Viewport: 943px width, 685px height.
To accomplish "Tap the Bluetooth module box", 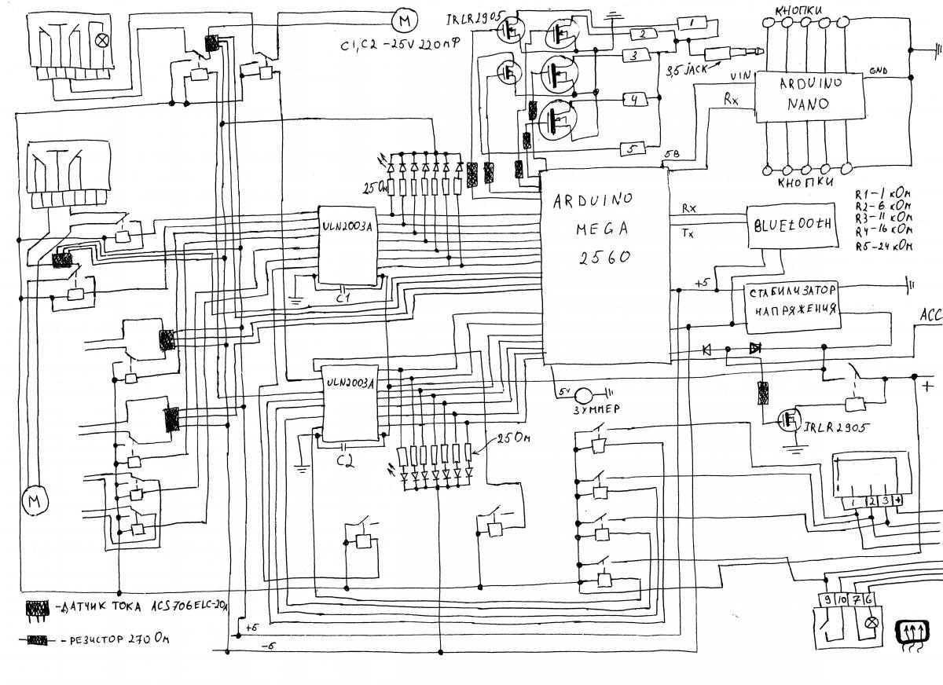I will [791, 228].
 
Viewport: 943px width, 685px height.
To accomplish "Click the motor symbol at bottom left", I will [34, 499].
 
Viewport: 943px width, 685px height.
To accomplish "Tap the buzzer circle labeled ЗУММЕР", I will [587, 395].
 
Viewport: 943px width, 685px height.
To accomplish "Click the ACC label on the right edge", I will [930, 315].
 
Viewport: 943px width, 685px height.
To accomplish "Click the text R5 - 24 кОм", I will [884, 246].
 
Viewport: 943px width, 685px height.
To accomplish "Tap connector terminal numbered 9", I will [827, 601].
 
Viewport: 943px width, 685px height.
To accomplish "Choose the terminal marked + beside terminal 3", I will [897, 500].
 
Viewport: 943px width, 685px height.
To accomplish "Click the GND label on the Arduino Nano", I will [879, 71].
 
